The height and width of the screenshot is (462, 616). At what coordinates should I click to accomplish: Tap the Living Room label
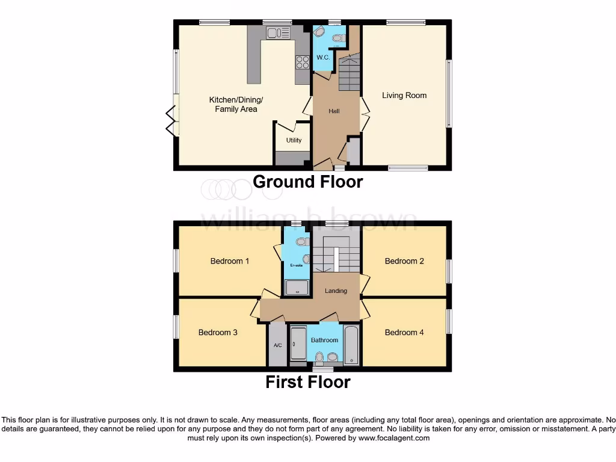[x=404, y=95]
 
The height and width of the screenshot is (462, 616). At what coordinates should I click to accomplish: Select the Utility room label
[x=294, y=140]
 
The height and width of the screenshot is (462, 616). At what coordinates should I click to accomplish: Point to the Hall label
[x=334, y=111]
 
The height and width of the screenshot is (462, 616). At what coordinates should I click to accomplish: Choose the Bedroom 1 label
[x=229, y=261]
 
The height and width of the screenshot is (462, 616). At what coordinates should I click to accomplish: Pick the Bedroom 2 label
[x=404, y=261]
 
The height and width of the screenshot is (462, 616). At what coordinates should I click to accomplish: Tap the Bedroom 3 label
[x=218, y=332]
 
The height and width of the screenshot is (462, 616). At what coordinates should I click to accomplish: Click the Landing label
[x=336, y=291]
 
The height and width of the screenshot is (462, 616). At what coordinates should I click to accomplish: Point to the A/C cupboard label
[x=278, y=345]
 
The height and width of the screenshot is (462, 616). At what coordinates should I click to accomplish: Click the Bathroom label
[x=324, y=340]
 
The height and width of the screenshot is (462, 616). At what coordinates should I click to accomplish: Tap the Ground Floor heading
[x=307, y=182]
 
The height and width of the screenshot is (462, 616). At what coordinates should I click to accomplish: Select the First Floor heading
[x=307, y=381]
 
